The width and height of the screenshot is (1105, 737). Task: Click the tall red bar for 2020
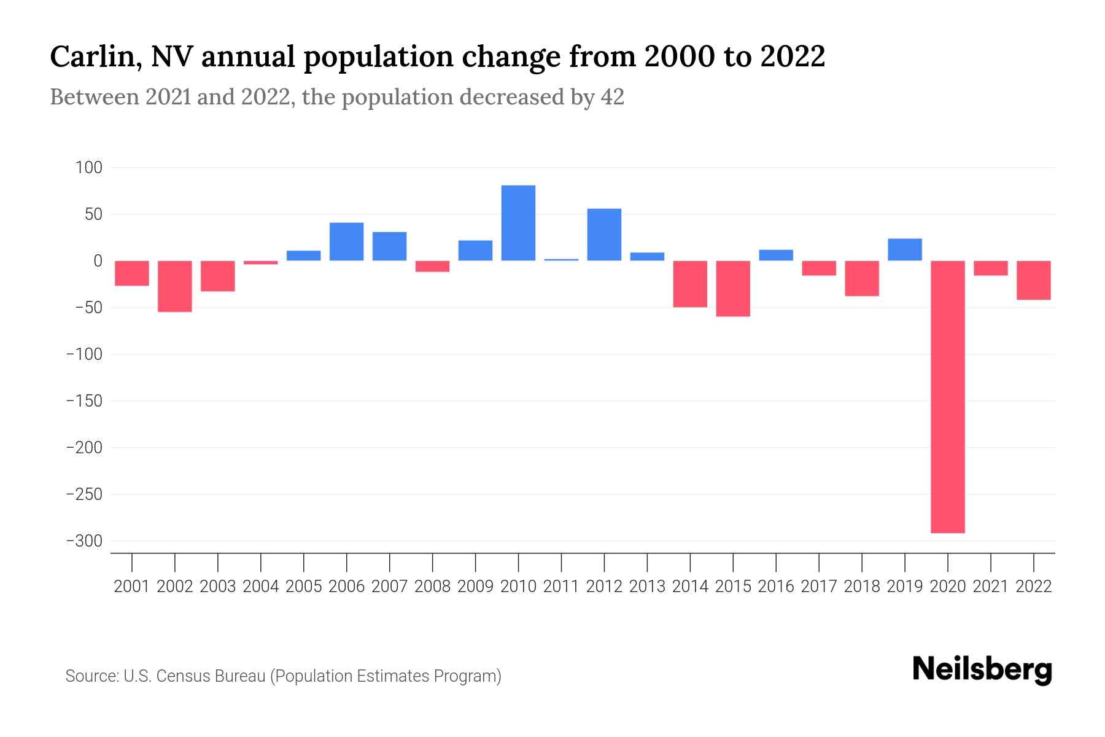pyautogui.click(x=947, y=396)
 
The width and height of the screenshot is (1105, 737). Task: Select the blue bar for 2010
pyautogui.click(x=518, y=223)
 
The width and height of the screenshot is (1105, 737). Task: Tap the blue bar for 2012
pyautogui.click(x=604, y=235)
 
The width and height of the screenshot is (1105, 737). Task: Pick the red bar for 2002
pyautogui.click(x=175, y=286)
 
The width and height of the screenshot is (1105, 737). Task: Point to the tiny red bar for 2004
pyautogui.click(x=261, y=263)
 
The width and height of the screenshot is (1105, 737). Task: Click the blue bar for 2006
pyautogui.click(x=346, y=241)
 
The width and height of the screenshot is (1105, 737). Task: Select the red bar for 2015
pyautogui.click(x=733, y=289)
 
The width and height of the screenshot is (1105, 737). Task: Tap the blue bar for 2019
pyautogui.click(x=904, y=249)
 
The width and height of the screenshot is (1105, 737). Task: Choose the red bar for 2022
pyautogui.click(x=1033, y=280)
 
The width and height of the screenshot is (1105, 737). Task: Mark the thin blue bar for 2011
pyautogui.click(x=561, y=260)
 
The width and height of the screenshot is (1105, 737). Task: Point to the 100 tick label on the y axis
pyautogui.click(x=88, y=168)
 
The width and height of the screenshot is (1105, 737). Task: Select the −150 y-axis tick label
pyautogui.click(x=84, y=401)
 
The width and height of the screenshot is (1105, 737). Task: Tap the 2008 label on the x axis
pyautogui.click(x=432, y=587)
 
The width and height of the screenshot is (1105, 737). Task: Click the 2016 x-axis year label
pyautogui.click(x=776, y=587)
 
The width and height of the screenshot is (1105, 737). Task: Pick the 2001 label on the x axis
pyautogui.click(x=132, y=587)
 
